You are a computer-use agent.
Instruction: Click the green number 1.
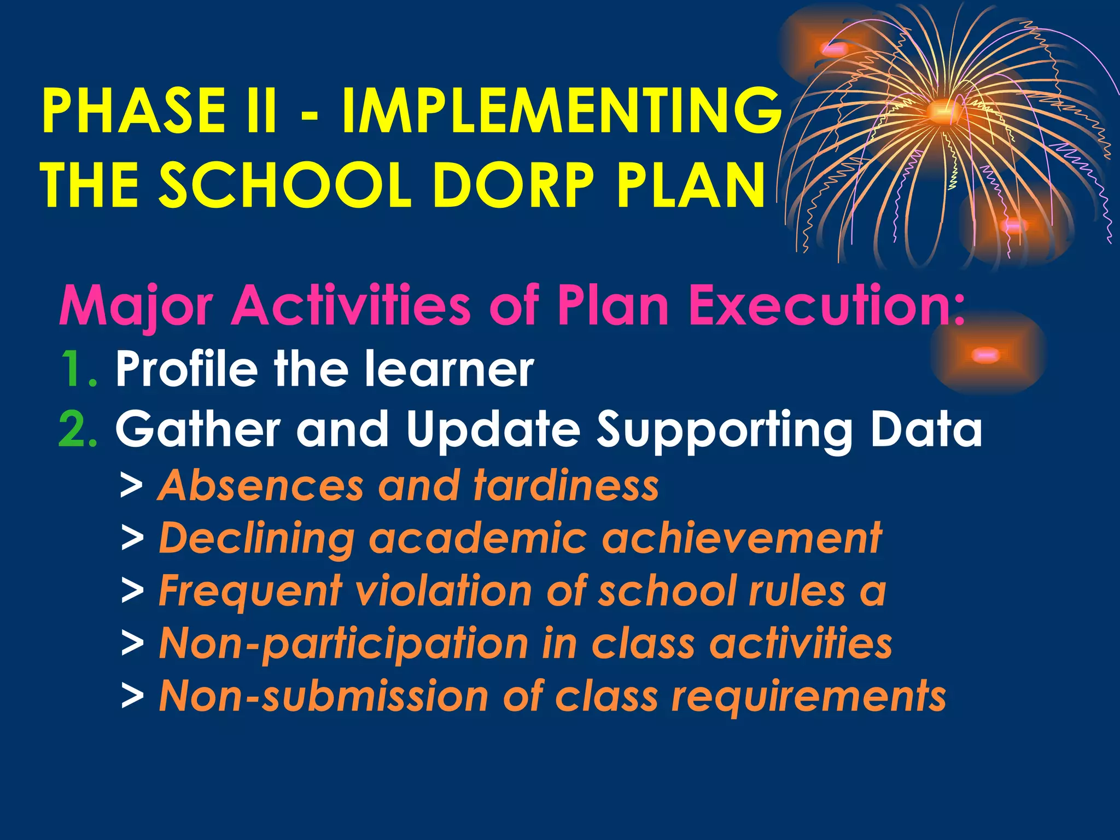tap(78, 370)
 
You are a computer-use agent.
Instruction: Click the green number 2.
tap(78, 429)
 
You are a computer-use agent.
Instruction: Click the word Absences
tap(260, 486)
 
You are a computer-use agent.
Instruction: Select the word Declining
tap(257, 539)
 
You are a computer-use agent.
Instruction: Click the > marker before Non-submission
tap(132, 697)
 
